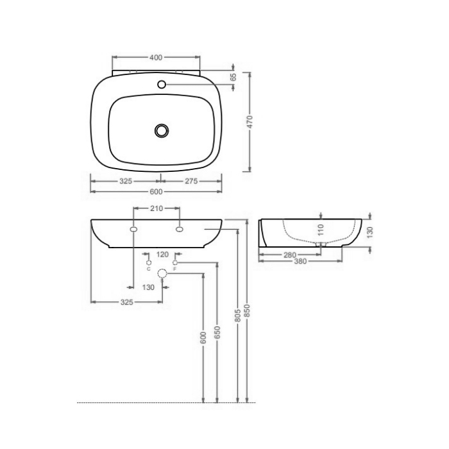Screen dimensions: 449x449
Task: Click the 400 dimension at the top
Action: (x=155, y=58)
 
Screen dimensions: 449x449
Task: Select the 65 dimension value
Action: (x=233, y=76)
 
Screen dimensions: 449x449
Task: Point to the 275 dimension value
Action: (x=191, y=182)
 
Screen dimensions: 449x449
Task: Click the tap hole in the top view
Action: (x=161, y=84)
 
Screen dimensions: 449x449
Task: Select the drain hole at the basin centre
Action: (x=162, y=130)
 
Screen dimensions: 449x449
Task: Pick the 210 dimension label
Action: (x=157, y=208)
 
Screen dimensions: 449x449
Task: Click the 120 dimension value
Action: (x=162, y=254)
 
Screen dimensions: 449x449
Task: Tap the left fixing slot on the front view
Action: (x=133, y=229)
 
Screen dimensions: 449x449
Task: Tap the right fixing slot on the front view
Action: (x=179, y=229)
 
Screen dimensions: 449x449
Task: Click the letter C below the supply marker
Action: (x=148, y=269)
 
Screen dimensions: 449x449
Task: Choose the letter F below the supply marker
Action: (x=174, y=269)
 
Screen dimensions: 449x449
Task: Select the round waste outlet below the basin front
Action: (x=162, y=274)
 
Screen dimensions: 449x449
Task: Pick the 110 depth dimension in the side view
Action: (x=321, y=229)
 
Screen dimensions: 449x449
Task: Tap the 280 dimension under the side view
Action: (x=289, y=255)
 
